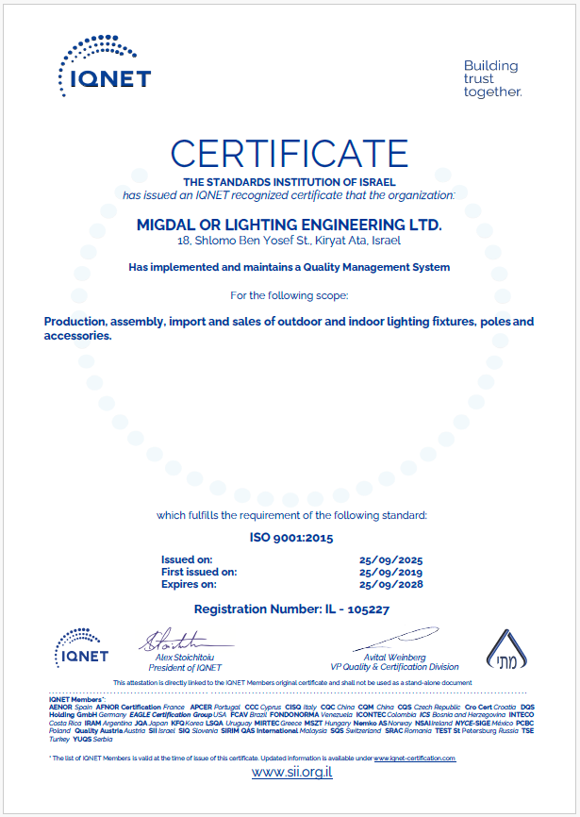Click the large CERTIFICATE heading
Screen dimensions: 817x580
coord(290,153)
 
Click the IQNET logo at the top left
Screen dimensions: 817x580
coord(104,64)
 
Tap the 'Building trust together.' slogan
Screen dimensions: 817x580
coord(491,78)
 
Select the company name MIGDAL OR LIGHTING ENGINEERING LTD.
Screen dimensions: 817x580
coord(289,225)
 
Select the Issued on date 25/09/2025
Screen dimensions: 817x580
coord(390,559)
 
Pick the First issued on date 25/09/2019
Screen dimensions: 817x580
coord(390,572)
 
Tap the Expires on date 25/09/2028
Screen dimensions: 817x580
coord(390,584)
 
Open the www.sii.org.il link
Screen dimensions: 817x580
coord(291,772)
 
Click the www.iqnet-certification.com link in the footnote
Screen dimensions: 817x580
coord(415,759)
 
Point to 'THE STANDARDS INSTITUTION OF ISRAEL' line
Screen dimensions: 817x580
coord(290,181)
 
